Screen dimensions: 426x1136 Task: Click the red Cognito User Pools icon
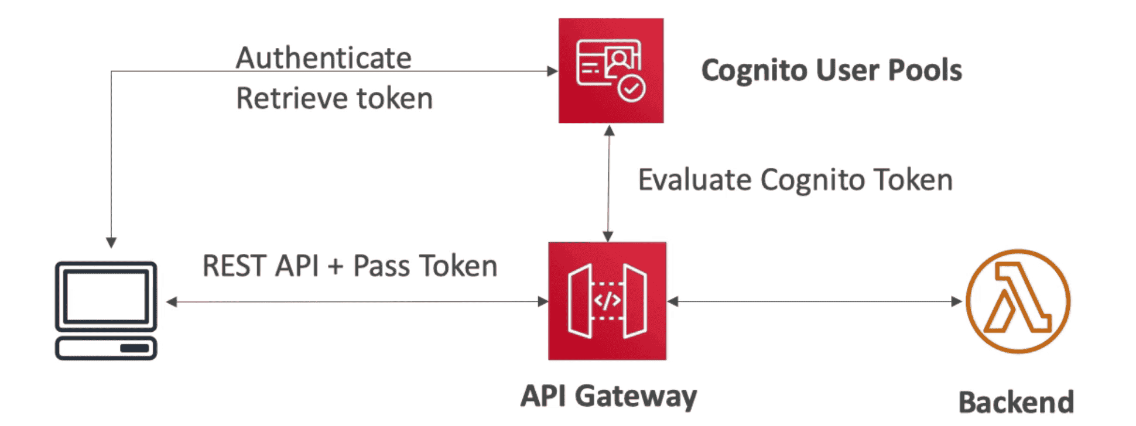611,70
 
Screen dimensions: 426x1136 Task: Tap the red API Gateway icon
607,301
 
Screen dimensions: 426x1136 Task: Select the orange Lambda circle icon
1018,301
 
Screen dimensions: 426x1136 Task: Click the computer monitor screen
106,296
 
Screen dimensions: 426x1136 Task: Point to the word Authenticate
324,58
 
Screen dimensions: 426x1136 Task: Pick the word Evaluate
694,180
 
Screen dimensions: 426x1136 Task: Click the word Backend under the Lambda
1016,403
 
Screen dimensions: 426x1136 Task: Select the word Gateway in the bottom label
636,396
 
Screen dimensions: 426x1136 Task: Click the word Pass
381,266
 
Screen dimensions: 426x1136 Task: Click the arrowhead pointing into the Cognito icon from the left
552,71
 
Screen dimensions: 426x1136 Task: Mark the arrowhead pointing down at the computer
111,242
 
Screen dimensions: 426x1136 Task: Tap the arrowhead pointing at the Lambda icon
956,301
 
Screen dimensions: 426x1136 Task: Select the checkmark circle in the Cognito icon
631,89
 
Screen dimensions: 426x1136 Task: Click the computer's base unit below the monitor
106,348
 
